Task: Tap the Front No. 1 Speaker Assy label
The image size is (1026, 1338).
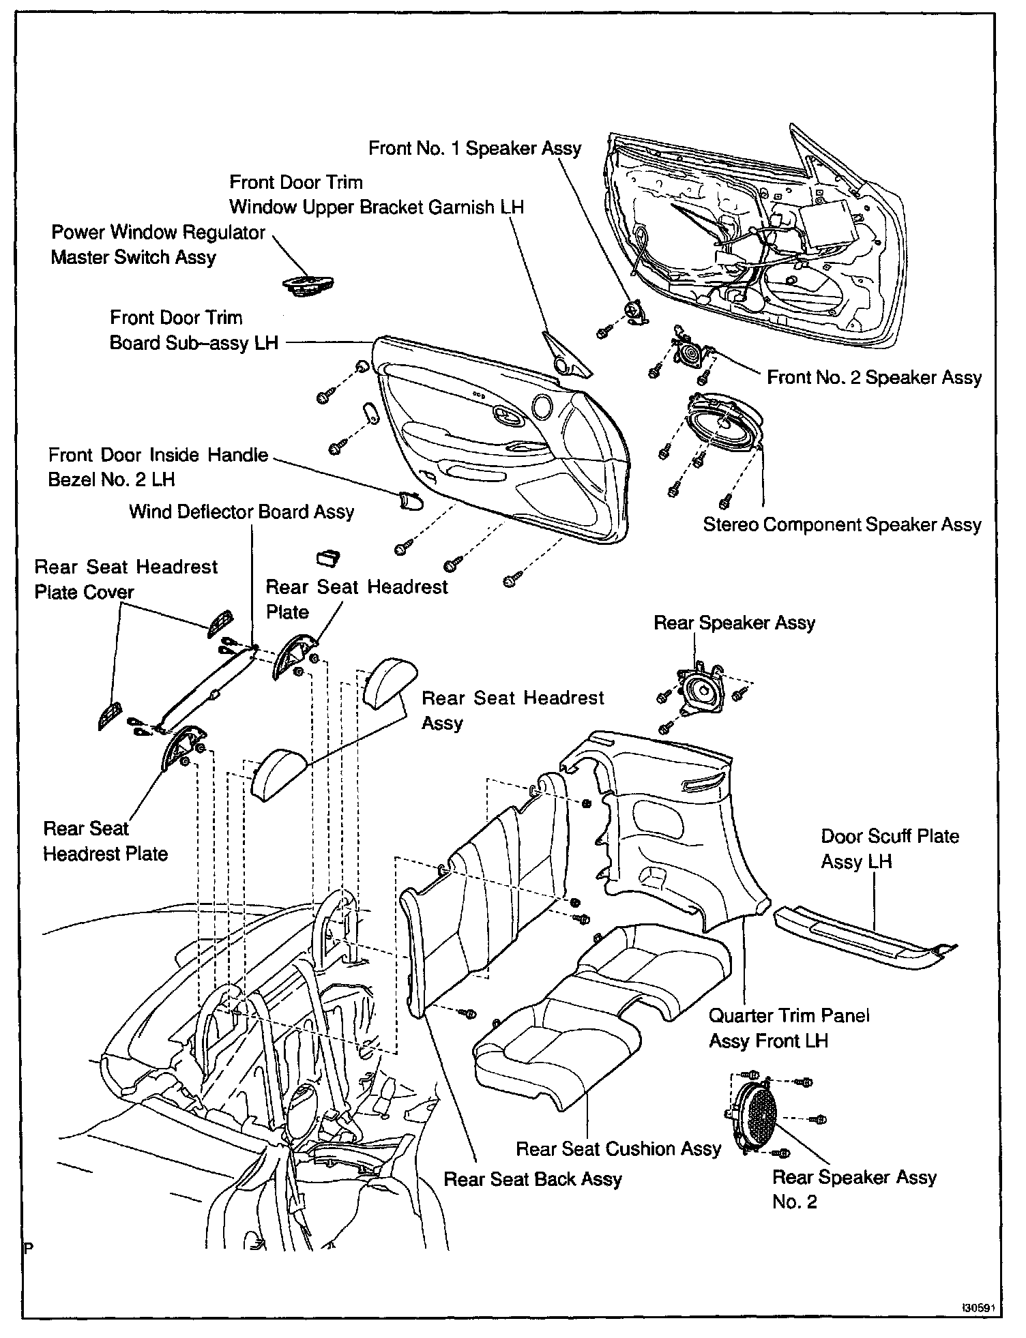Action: point(475,149)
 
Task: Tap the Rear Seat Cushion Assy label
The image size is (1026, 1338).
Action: point(618,1149)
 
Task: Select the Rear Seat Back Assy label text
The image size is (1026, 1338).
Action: point(533,1179)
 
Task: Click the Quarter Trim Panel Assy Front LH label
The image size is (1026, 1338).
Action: point(789,1028)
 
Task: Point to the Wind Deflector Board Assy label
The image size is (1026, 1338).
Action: point(241,512)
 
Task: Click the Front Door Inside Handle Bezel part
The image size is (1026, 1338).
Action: point(410,501)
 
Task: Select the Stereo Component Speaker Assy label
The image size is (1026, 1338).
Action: point(842,524)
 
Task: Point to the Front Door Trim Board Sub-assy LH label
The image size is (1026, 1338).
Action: point(194,330)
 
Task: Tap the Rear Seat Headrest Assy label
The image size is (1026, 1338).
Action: point(512,711)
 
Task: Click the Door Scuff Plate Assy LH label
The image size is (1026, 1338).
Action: point(890,849)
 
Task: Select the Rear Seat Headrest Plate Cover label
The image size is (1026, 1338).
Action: point(126,580)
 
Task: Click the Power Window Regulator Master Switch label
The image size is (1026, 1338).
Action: point(158,245)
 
